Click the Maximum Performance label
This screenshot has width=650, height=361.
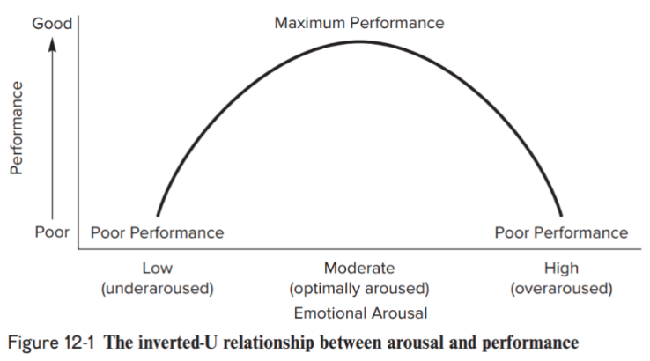(x=358, y=23)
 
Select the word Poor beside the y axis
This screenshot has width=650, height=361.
(x=52, y=232)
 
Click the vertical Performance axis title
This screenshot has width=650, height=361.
(x=15, y=128)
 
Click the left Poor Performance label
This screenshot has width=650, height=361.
(x=157, y=232)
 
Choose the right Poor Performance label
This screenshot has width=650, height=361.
(x=561, y=232)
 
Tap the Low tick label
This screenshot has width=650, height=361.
(x=157, y=269)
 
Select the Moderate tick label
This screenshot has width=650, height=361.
(x=358, y=269)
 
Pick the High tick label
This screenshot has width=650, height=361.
(x=561, y=269)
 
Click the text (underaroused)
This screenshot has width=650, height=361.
(x=157, y=288)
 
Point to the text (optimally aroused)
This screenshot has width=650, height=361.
(x=358, y=288)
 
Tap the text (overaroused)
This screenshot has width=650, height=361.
(x=561, y=288)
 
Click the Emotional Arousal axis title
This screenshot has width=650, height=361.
(x=358, y=312)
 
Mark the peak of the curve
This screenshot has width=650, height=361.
(x=358, y=41)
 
